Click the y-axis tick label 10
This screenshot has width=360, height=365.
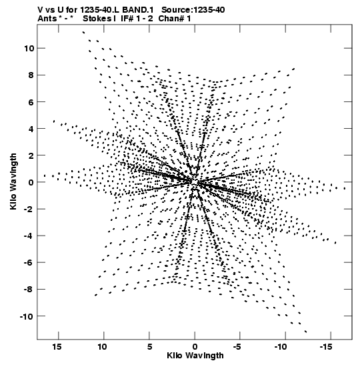(29, 49)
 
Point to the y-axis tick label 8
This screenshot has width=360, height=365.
(31, 75)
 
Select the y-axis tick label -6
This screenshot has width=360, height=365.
(29, 262)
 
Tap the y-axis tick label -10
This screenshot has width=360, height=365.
(27, 316)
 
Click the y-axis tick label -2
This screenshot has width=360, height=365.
(29, 209)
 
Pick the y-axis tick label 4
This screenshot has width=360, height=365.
(31, 129)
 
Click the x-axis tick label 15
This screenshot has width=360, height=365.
(57, 347)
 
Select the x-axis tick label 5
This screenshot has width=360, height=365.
(149, 347)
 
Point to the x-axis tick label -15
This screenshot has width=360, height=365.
(325, 347)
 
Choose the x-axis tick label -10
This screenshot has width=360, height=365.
(281, 347)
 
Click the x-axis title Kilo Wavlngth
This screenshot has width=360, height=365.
(195, 356)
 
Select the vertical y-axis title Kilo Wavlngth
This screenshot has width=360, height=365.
(13, 181)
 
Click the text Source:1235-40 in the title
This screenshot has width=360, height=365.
(193, 10)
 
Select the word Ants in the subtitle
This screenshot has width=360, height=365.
(47, 19)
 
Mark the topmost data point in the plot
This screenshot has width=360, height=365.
(83, 32)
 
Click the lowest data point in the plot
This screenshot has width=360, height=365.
(305, 332)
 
